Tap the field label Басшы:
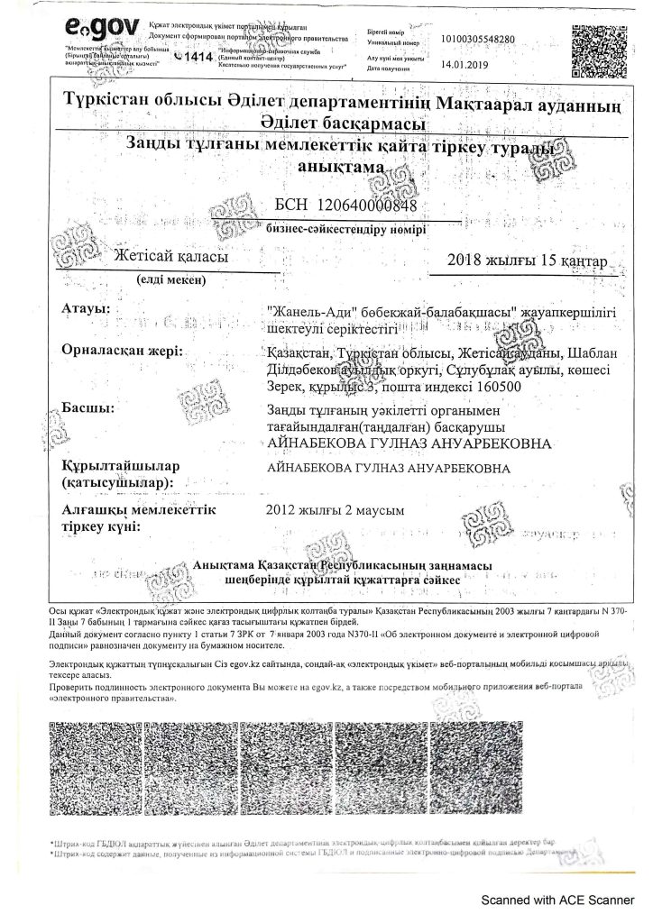tap(86, 409)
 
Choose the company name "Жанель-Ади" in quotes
tap(300, 311)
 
